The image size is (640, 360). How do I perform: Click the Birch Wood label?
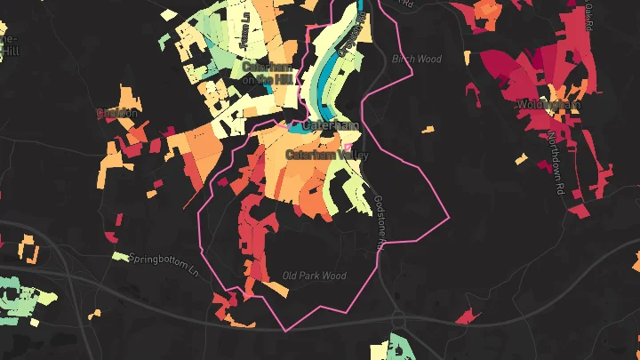[417, 60]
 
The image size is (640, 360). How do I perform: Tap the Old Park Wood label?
[314, 276]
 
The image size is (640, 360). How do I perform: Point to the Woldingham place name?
[548, 105]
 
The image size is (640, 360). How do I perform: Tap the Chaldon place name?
[117, 113]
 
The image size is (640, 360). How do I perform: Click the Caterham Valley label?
[325, 155]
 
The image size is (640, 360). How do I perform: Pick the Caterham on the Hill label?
[266, 73]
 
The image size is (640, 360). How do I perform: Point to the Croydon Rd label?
[350, 36]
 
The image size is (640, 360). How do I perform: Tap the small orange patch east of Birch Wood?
[428, 130]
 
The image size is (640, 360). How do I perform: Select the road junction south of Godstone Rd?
[396, 320]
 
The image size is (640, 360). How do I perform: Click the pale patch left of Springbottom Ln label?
[120, 257]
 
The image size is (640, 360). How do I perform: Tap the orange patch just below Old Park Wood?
[278, 292]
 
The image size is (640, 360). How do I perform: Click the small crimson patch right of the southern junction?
[465, 317]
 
